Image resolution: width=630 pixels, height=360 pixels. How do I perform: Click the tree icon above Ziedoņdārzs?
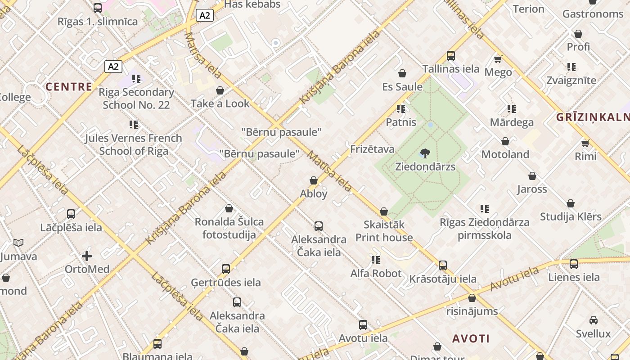point(425,153)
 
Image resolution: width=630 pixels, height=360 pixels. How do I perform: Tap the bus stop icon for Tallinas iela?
point(451,56)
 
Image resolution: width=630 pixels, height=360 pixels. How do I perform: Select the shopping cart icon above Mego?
point(498,59)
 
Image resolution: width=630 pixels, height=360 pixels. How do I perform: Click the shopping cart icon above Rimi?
point(585,143)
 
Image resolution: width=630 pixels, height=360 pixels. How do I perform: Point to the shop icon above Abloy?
point(314,180)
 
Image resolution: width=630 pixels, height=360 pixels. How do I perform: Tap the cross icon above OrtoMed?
point(87,256)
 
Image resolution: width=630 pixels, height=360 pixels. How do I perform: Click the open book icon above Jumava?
point(18,243)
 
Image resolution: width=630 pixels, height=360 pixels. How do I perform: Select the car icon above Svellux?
point(594,320)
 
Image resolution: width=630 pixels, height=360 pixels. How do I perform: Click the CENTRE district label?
point(69,87)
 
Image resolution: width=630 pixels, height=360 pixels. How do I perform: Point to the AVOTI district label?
point(471,338)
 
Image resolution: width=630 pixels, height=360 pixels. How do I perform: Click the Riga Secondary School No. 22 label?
point(136,99)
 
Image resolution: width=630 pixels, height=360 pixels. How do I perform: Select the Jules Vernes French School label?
point(134,144)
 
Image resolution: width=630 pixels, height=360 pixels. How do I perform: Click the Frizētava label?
point(372,149)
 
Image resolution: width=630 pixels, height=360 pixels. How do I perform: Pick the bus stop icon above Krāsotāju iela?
point(443,265)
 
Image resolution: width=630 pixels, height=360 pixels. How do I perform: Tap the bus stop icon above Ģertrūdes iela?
point(226,269)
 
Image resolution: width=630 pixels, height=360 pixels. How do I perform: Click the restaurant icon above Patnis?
point(401,109)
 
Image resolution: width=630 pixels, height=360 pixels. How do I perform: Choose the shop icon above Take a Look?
point(220,90)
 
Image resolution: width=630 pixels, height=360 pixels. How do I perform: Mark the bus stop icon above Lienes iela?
point(574,264)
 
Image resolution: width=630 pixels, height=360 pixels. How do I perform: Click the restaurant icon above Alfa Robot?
point(376,260)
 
